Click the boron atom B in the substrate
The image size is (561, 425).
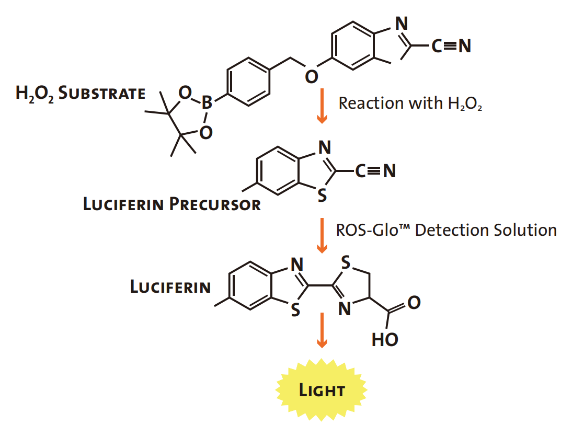tap(207, 102)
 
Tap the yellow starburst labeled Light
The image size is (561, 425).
tap(322, 390)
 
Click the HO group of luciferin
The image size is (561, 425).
tap(385, 340)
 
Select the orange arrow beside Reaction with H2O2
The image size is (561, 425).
tap(322, 106)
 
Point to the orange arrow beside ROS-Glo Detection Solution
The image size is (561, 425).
tap(322, 235)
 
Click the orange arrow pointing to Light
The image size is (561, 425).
tap(322, 330)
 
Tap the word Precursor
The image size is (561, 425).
tap(215, 204)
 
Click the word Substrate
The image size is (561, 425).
tap(102, 93)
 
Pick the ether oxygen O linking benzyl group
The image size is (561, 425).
tap(311, 76)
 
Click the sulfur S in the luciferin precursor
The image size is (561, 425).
tap(323, 196)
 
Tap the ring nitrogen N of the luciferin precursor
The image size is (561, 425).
tap(325, 147)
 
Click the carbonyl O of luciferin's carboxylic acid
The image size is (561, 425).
tap(414, 303)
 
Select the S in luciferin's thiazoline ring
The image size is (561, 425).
tap(346, 262)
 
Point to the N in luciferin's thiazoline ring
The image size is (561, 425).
tap(345, 309)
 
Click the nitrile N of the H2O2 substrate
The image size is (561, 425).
tap(465, 46)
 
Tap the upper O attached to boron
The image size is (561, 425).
tap(185, 93)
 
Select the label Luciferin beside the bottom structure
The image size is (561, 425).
tap(170, 287)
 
